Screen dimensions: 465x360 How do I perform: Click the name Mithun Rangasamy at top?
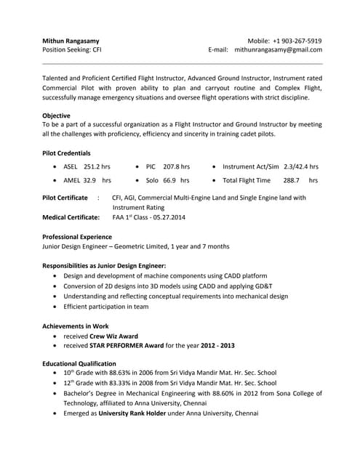point(71,41)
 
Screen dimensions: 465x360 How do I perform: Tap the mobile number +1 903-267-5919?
point(297,41)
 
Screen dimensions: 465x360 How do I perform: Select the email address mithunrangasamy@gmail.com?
point(279,50)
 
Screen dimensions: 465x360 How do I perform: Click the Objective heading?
point(56,116)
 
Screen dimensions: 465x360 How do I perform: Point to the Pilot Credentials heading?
point(66,153)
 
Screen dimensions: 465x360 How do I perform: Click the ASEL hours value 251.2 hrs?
point(97,166)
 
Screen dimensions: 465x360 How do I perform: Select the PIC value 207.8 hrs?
point(176,166)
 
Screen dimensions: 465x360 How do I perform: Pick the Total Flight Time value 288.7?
point(292,180)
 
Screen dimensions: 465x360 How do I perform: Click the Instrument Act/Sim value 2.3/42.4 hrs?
point(300,166)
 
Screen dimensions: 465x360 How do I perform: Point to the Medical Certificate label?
point(71,217)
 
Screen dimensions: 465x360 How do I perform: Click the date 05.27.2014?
point(169,217)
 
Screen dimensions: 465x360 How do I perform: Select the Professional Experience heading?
point(77,237)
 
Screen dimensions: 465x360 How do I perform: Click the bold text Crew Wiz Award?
point(112,336)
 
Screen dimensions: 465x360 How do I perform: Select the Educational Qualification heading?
point(79,363)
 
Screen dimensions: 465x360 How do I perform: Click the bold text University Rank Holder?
point(128,413)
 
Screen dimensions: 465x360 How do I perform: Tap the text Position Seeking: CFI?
point(72,50)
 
